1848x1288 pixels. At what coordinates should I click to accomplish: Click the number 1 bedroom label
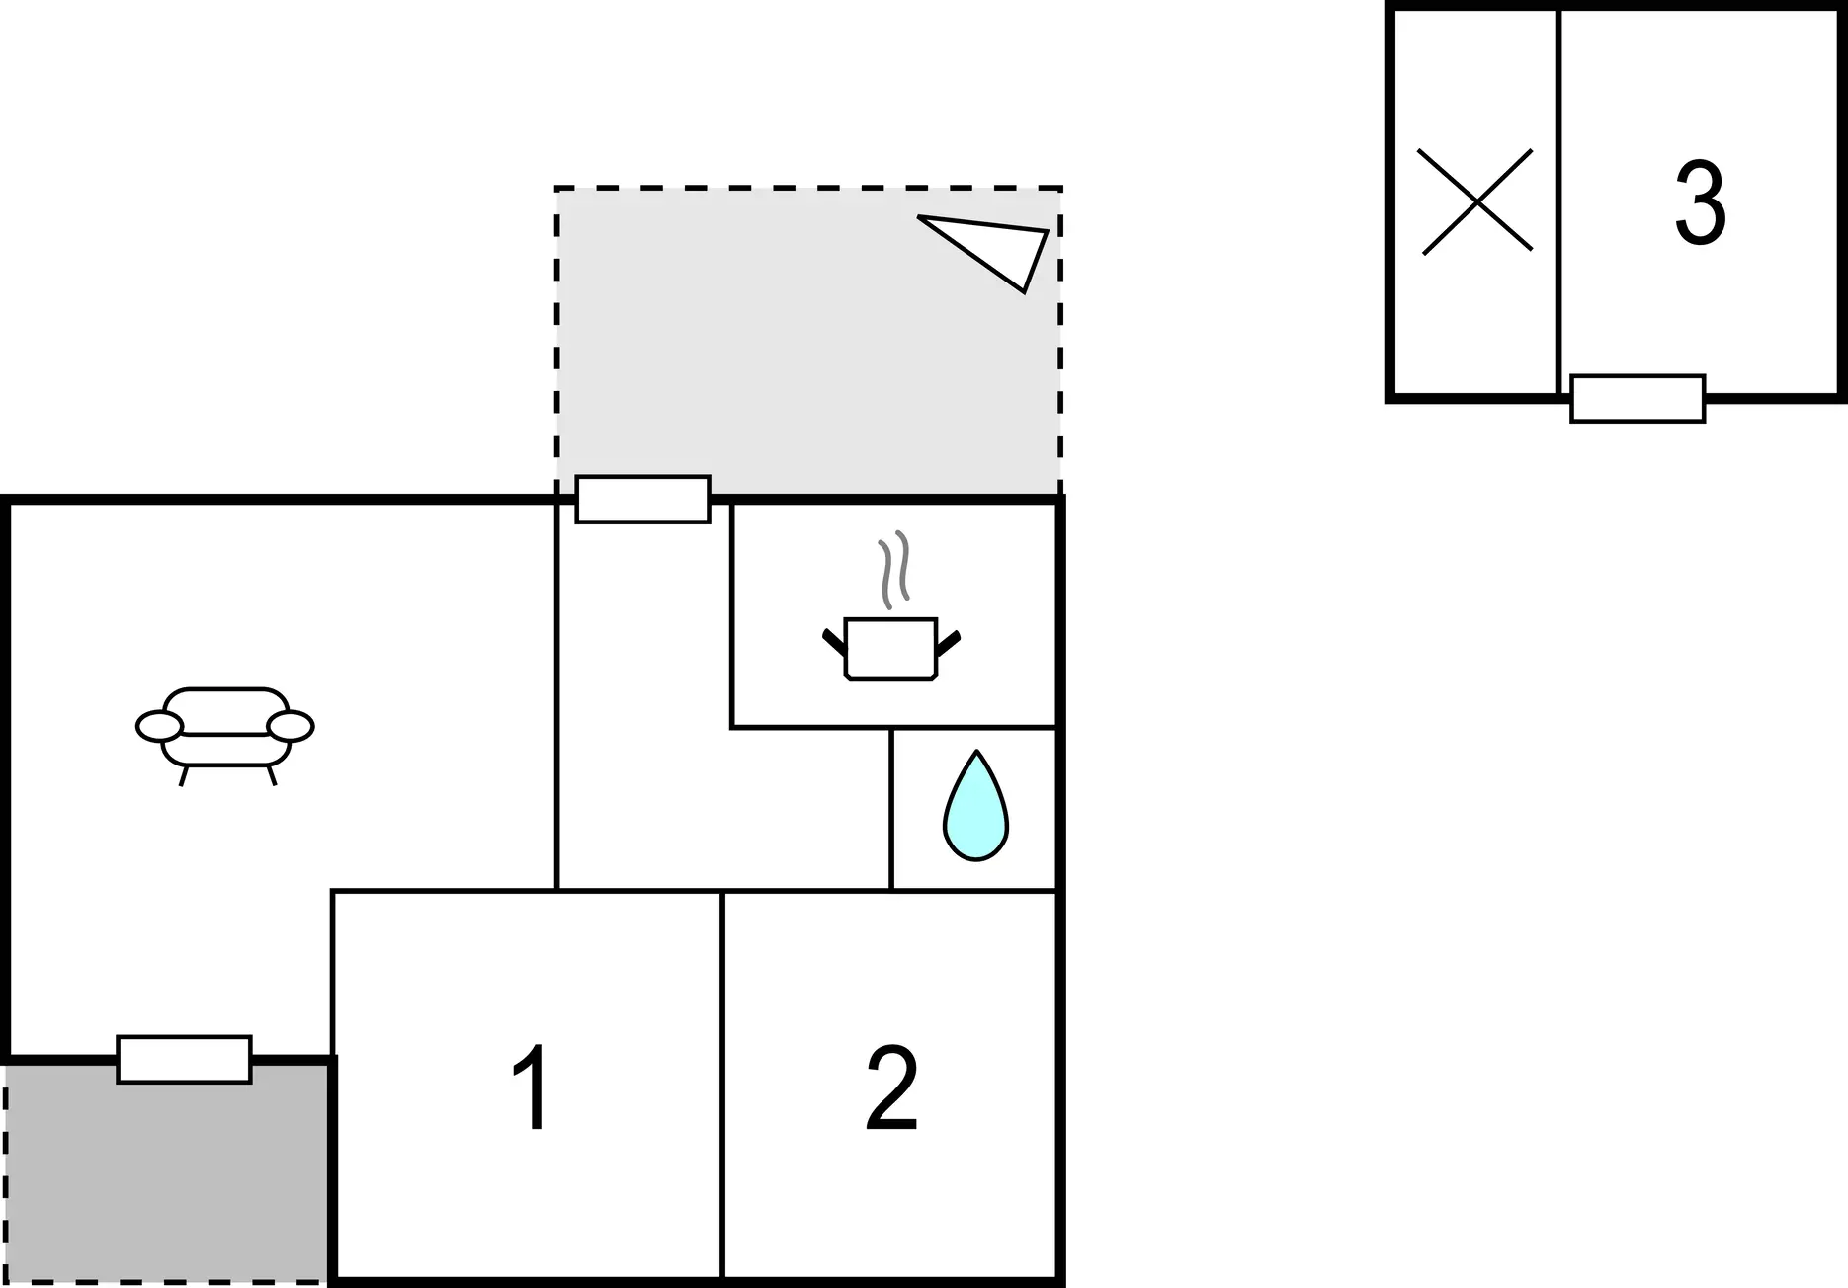(531, 1088)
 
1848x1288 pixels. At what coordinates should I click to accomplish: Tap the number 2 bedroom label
(891, 1088)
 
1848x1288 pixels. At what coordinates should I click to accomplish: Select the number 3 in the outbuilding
(1700, 202)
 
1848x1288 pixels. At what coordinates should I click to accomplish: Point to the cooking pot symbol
(890, 648)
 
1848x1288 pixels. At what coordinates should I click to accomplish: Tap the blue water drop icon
(975, 806)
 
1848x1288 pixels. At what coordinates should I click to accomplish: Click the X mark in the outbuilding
(1476, 201)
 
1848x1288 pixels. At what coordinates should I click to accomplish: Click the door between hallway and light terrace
(643, 500)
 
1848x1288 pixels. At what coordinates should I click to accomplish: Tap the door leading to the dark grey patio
(184, 1060)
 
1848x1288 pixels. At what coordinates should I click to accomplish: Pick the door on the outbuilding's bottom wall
(1638, 399)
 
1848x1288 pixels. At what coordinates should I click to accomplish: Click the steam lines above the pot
(893, 570)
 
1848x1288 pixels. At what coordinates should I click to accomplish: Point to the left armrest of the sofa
(159, 726)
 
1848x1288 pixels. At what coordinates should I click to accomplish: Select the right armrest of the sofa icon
(291, 726)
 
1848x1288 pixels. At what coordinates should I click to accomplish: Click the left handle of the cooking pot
(834, 642)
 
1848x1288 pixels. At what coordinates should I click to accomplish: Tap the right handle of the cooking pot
(949, 642)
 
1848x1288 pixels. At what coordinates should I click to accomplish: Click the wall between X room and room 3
(1559, 201)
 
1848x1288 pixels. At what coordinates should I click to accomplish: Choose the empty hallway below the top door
(642, 691)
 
